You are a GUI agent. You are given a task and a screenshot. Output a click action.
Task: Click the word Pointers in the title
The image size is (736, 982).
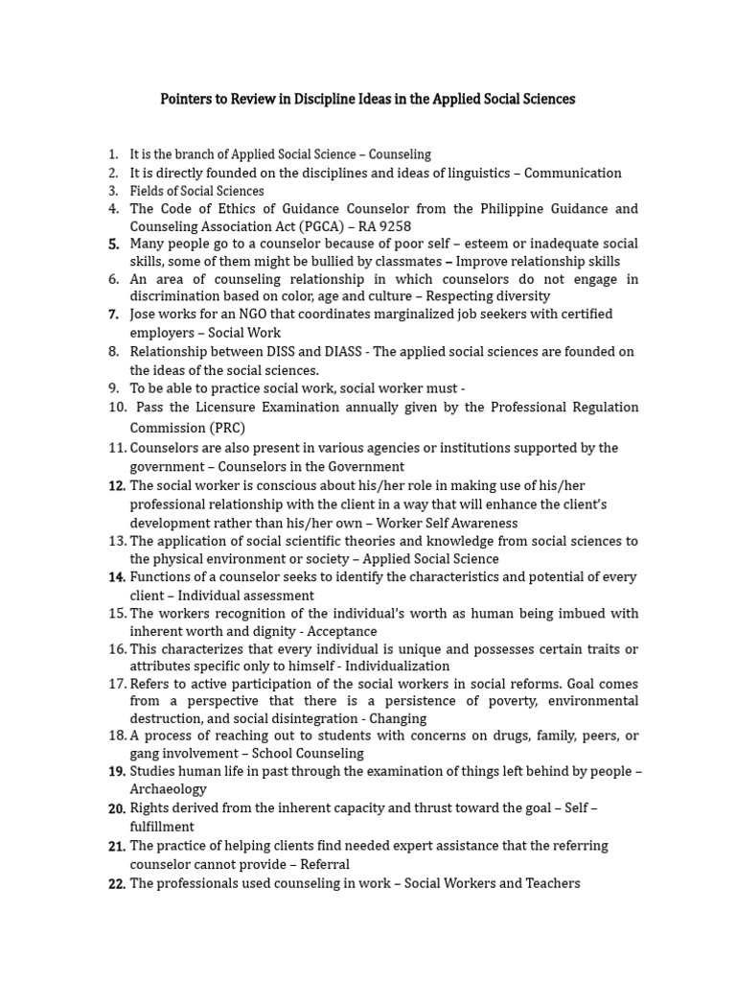click(188, 100)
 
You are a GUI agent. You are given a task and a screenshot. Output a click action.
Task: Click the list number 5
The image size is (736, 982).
click(114, 244)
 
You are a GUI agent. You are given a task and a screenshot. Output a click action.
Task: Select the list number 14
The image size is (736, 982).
click(117, 577)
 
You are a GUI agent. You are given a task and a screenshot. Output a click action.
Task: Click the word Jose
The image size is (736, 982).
click(145, 315)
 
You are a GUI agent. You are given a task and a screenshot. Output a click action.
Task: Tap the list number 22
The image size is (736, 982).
click(117, 883)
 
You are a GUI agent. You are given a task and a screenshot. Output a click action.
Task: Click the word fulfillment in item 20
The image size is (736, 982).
click(162, 826)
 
